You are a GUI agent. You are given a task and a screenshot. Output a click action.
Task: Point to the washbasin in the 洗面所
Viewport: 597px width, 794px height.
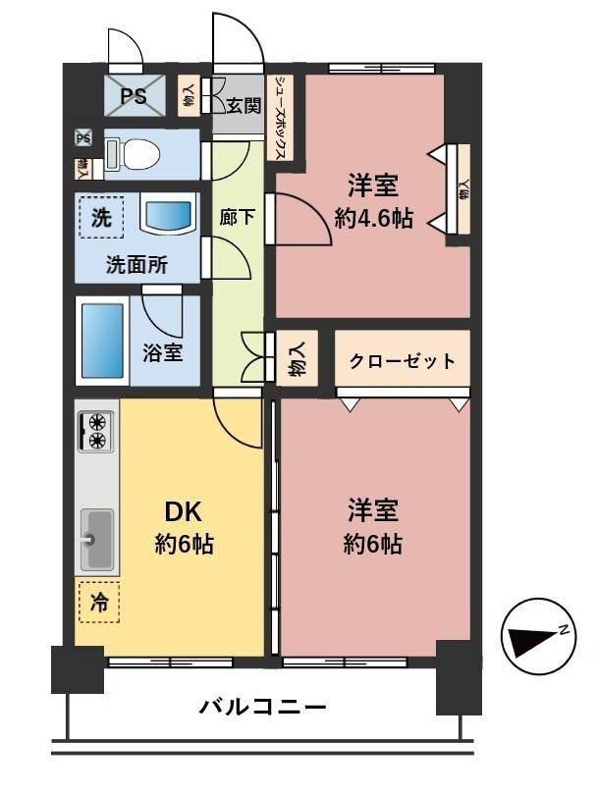169,214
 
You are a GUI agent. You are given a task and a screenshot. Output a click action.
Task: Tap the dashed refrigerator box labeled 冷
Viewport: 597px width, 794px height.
98,602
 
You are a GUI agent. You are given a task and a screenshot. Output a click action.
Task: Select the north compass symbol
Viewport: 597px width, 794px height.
535,639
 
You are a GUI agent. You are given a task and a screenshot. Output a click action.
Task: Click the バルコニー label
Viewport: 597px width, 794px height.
262,707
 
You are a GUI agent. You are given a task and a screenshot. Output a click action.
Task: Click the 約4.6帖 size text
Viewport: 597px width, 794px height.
372,219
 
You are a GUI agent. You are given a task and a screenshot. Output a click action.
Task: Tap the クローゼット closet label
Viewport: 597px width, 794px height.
403,360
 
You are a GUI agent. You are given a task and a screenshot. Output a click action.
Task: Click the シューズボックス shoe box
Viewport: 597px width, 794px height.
281,118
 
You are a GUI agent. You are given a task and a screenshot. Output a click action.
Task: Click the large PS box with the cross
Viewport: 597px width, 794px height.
136,96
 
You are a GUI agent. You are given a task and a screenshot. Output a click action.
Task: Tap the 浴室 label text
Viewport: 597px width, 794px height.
163,352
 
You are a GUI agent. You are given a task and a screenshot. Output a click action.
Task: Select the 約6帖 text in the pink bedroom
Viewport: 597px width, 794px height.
372,546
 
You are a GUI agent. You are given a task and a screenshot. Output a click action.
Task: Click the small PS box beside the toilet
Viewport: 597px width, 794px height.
83,138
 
